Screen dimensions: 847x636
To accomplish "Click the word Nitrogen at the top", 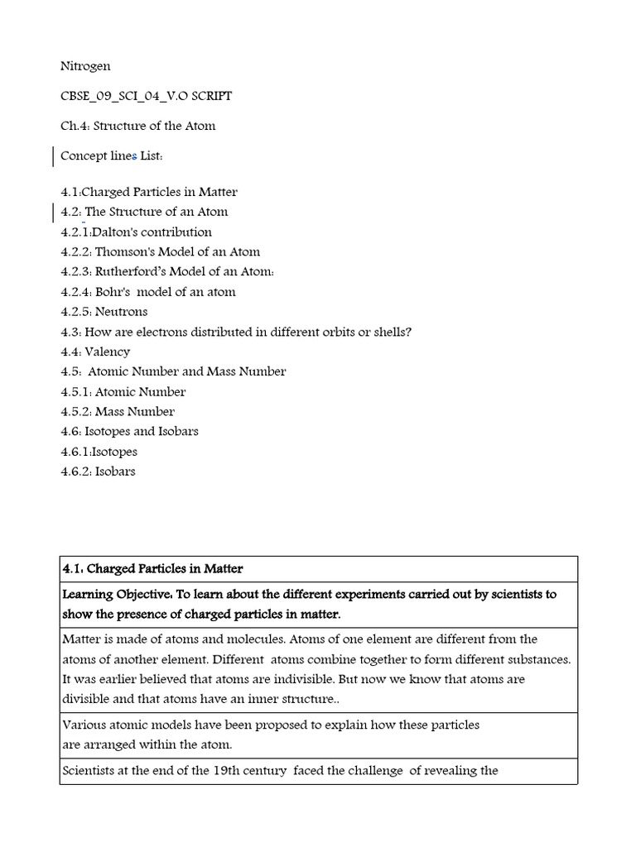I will (x=85, y=66).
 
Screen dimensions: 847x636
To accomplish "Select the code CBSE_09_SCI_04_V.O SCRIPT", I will (x=147, y=96).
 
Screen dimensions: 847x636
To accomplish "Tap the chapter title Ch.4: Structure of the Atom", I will (x=137, y=126).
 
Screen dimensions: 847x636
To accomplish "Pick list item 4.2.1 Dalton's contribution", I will (x=136, y=232).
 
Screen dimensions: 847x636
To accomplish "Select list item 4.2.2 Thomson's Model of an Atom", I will (x=160, y=252).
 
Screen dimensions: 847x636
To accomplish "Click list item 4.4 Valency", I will (x=95, y=352).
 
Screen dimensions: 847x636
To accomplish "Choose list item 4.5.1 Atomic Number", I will (x=123, y=392).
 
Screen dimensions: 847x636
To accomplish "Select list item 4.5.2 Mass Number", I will (x=118, y=412).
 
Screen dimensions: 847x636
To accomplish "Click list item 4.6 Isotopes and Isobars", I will (x=129, y=432).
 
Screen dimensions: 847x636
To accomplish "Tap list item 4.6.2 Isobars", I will (x=98, y=471).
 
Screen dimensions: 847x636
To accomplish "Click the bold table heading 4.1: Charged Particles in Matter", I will (x=152, y=569).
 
